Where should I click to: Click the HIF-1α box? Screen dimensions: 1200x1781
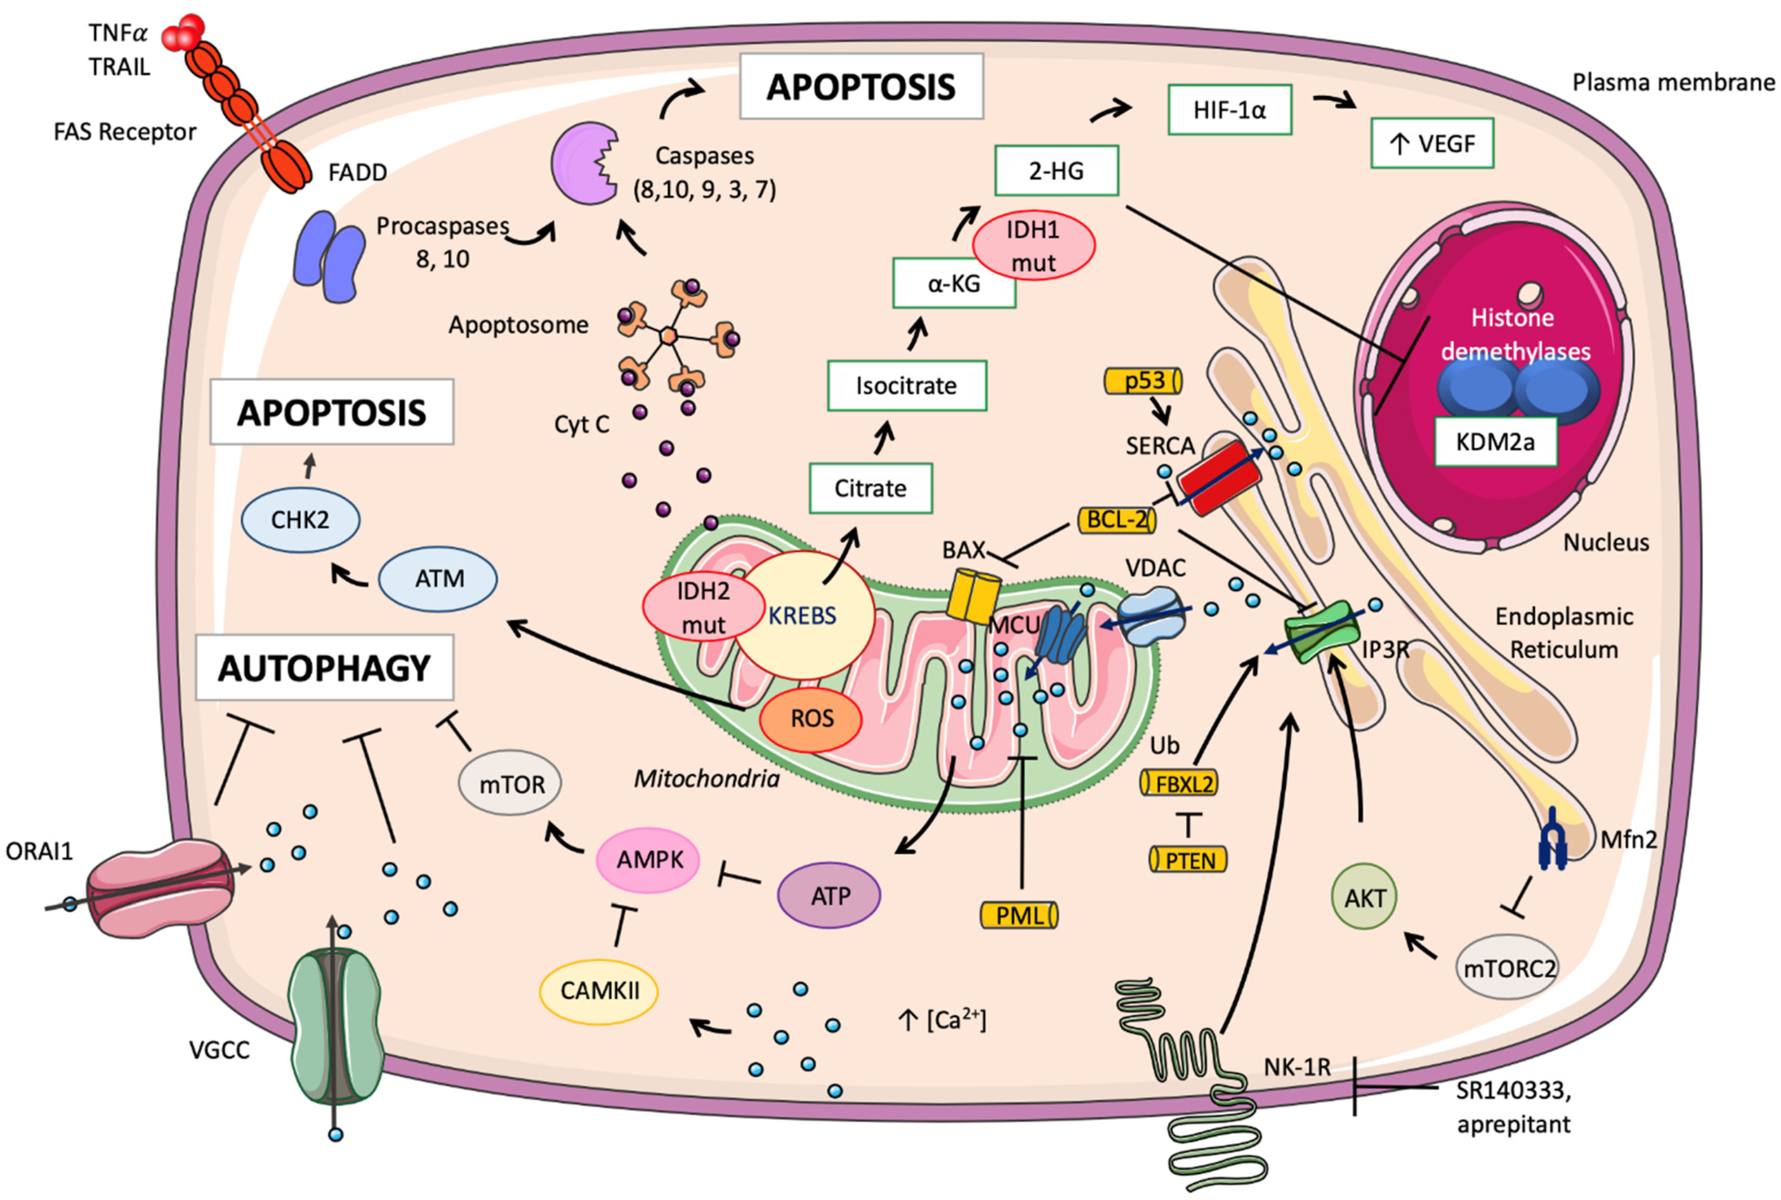1229,110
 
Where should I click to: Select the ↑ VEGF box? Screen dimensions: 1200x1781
1431,143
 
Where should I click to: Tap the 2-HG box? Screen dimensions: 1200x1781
1056,171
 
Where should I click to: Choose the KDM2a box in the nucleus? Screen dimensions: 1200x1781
1495,441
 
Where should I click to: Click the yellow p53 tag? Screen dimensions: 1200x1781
1143,381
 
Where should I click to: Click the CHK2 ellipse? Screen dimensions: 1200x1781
300,520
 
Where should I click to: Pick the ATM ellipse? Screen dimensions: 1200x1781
438,579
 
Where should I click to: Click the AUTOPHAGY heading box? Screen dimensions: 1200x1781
324,667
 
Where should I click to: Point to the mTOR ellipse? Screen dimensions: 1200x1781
510,784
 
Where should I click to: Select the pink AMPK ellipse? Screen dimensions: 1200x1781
649,859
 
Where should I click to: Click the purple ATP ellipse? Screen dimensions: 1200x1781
828,895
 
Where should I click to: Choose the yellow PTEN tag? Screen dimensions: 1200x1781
1188,860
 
